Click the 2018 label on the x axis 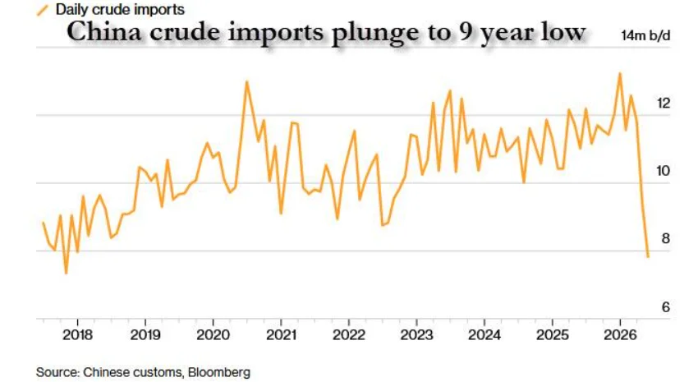pyautogui.click(x=77, y=335)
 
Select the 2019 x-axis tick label pyautogui.click(x=145, y=335)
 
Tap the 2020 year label pyautogui.click(x=214, y=335)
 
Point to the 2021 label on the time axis pyautogui.click(x=281, y=335)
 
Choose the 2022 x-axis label pyautogui.click(x=349, y=335)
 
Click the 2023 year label pyautogui.click(x=416, y=335)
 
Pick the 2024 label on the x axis pyautogui.click(x=484, y=335)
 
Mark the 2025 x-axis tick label pyautogui.click(x=553, y=335)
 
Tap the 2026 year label pyautogui.click(x=620, y=335)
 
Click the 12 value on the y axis pyautogui.click(x=664, y=104)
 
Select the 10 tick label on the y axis pyautogui.click(x=664, y=171)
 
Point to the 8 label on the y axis pyautogui.click(x=666, y=238)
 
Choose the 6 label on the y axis pyautogui.click(x=666, y=306)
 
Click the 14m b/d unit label pyautogui.click(x=646, y=35)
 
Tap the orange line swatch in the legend pyautogui.click(x=42, y=10)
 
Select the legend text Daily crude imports pyautogui.click(x=120, y=9)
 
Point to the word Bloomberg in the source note pyautogui.click(x=219, y=372)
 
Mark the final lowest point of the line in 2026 pyautogui.click(x=648, y=257)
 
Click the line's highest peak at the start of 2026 pyautogui.click(x=620, y=73)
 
